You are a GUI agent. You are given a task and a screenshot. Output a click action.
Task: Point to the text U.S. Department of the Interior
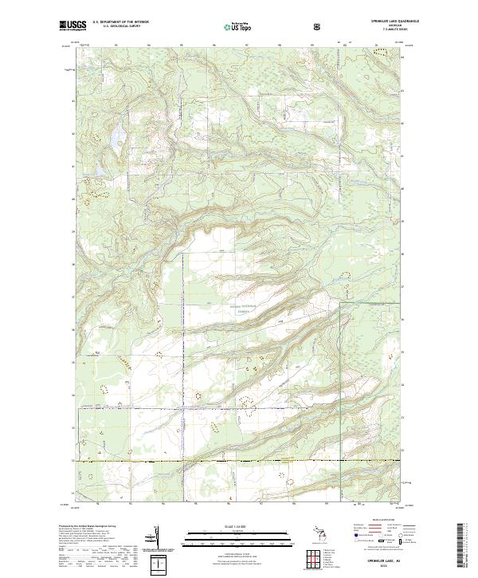(119, 23)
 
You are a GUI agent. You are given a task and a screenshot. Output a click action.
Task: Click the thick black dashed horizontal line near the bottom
(239, 462)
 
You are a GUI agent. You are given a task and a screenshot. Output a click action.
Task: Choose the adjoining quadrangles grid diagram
(315, 558)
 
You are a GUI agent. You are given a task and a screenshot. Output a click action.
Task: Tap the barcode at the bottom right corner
(464, 550)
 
